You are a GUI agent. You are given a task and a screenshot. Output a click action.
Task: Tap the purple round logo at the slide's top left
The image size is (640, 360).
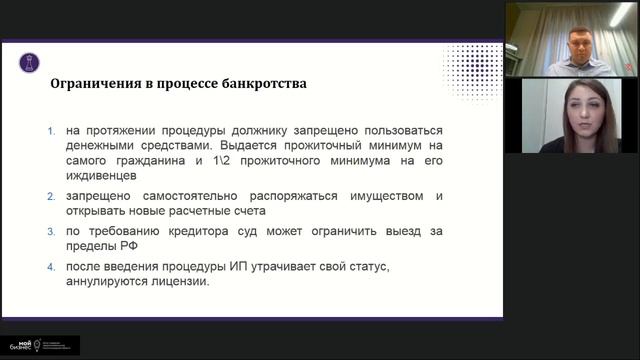point(29,62)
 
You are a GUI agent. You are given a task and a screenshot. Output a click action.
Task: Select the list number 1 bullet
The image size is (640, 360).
point(53,131)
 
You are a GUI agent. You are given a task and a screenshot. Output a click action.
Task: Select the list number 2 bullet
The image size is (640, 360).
point(53,197)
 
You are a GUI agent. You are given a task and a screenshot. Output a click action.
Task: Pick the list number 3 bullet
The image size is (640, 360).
point(53,231)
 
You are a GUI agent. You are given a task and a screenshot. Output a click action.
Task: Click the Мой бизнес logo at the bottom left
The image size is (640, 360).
point(40,345)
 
